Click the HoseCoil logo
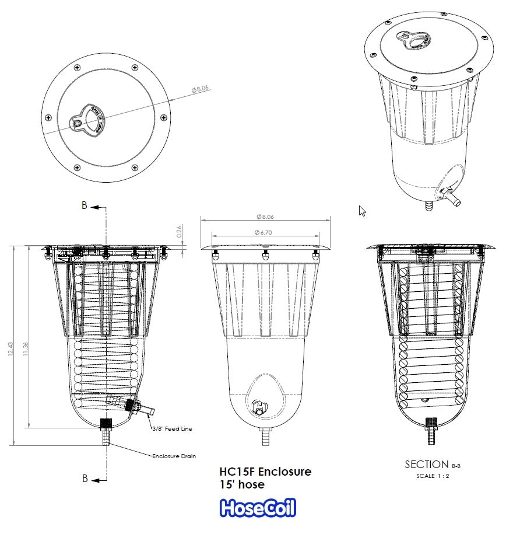point(258,508)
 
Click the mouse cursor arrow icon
point(362,211)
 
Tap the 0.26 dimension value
point(179,232)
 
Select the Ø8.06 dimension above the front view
point(265,217)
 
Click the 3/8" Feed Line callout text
point(172,428)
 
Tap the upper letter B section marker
point(85,206)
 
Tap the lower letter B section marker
point(85,479)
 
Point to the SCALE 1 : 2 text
point(433,476)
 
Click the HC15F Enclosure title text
point(265,471)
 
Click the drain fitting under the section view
point(432,432)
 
